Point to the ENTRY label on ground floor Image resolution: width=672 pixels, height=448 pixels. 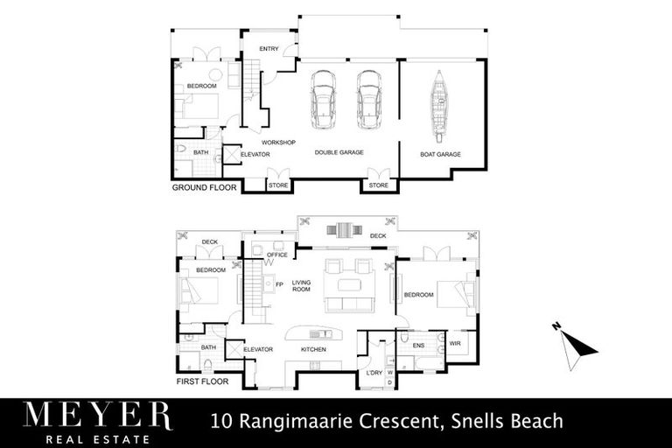(x=269, y=49)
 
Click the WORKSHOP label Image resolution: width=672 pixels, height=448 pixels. (x=279, y=142)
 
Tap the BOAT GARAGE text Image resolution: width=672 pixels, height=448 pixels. (x=441, y=154)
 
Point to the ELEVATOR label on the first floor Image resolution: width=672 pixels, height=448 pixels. (x=258, y=349)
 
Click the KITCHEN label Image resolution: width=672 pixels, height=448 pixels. (x=313, y=349)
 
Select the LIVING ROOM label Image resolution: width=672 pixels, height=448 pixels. (x=303, y=288)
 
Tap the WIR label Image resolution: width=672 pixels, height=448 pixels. (x=455, y=344)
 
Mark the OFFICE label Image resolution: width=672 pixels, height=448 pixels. (x=277, y=255)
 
